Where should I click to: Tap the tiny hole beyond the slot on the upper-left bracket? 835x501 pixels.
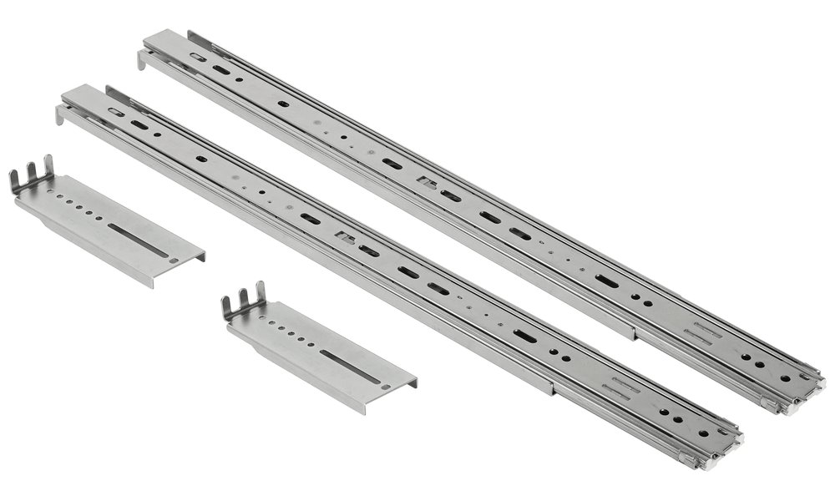click(174, 260)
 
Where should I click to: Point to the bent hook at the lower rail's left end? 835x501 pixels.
click(61, 115)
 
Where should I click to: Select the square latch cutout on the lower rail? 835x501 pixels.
click(343, 237)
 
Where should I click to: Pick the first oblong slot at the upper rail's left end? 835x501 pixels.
click(198, 57)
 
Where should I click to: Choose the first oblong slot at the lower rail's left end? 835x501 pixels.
click(116, 112)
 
